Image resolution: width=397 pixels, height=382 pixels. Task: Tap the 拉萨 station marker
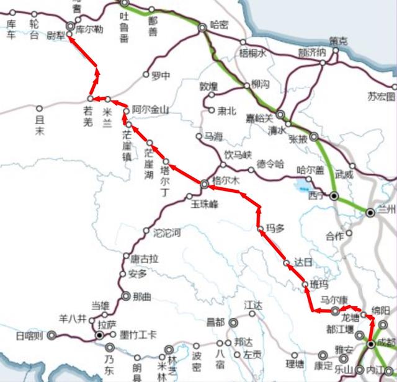click(x=99, y=335)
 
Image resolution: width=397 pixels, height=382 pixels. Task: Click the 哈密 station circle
click(x=202, y=28)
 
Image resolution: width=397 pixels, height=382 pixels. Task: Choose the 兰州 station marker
click(x=370, y=213)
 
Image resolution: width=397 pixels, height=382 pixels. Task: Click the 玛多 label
click(x=275, y=229)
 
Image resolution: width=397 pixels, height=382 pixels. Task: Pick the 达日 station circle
click(x=287, y=264)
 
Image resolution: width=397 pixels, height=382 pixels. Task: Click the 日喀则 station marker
click(x=51, y=335)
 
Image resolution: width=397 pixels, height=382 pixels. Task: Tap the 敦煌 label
click(x=210, y=86)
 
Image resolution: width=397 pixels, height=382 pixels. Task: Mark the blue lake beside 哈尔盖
click(x=304, y=184)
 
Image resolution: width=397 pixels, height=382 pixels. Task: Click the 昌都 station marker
click(x=233, y=322)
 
